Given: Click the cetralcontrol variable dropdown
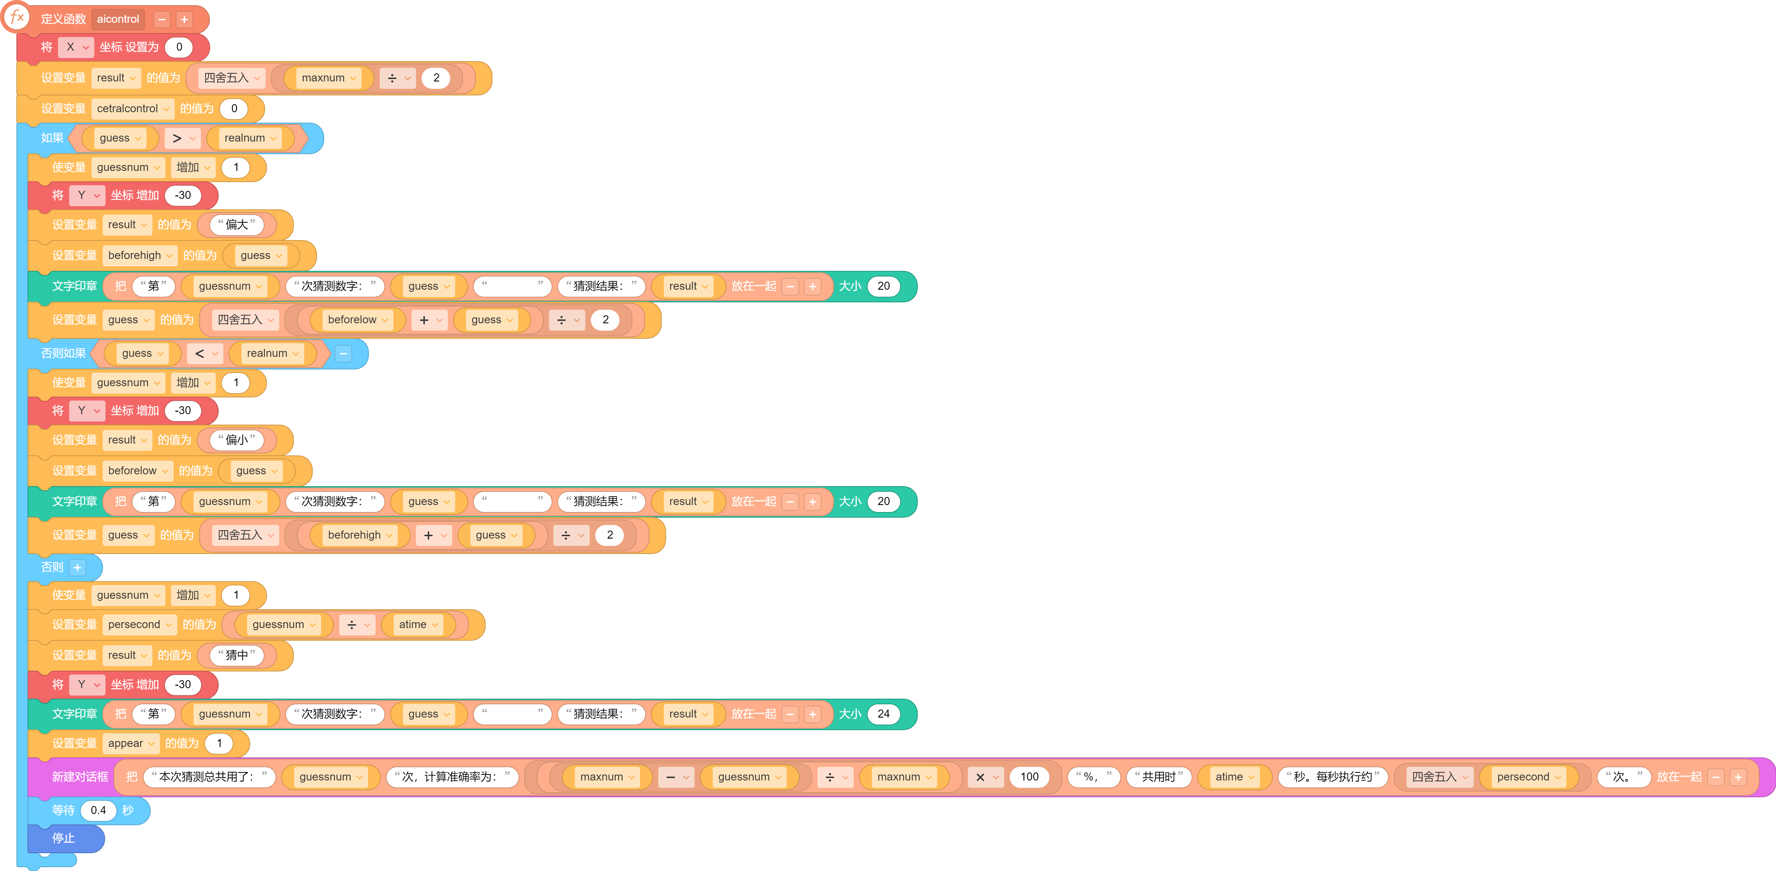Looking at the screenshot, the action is tap(133, 108).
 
